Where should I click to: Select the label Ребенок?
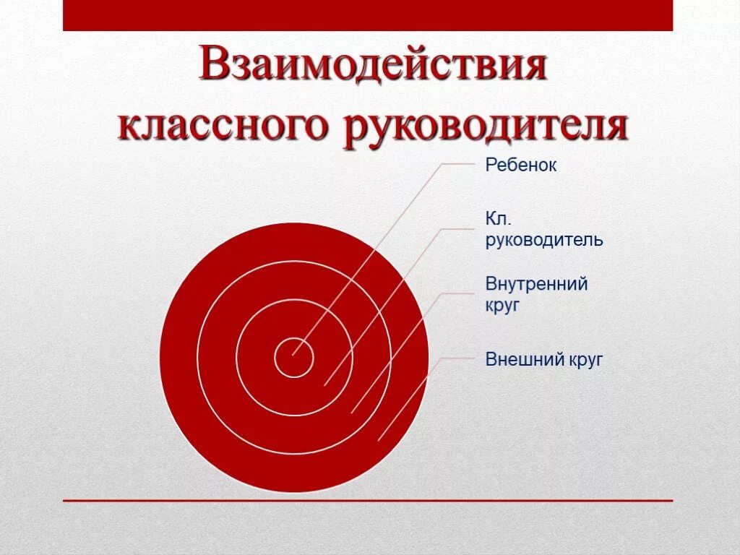[521, 165]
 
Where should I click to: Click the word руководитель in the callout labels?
[544, 240]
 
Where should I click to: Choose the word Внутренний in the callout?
[536, 284]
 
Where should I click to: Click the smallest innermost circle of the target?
[293, 358]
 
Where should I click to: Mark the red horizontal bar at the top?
[368, 15]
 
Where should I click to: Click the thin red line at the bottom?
[368, 500]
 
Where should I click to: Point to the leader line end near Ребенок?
[471, 164]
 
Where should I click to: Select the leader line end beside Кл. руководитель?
[471, 228]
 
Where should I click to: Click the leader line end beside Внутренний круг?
[471, 293]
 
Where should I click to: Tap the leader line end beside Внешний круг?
[471, 358]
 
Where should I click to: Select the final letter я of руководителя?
[616, 129]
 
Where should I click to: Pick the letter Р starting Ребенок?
[491, 165]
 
